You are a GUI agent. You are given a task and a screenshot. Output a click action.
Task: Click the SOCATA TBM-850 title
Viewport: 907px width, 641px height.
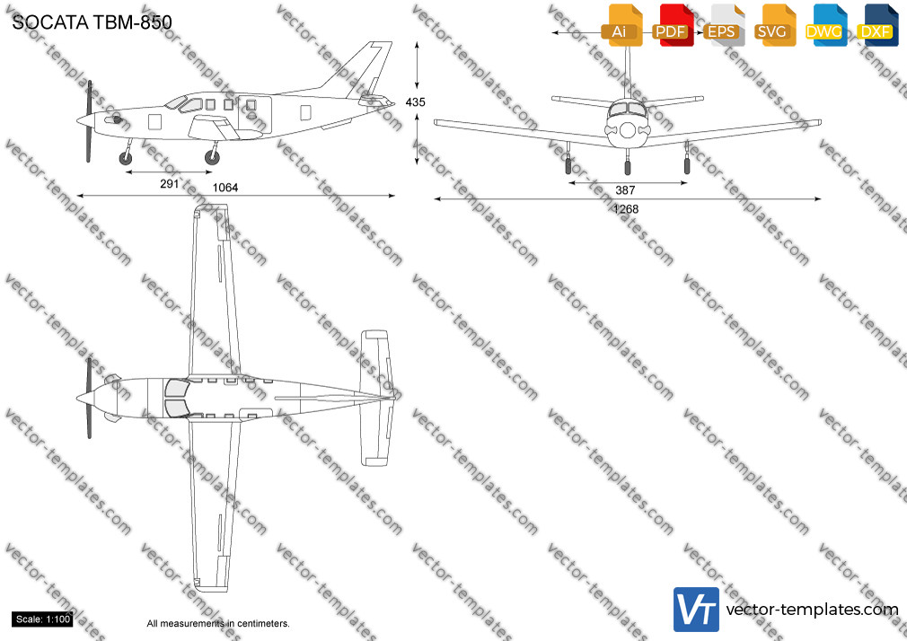coord(92,22)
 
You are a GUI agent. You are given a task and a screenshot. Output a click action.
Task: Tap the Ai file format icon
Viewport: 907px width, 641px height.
coord(621,25)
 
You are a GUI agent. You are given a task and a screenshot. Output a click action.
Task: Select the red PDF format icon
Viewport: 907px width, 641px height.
coord(673,25)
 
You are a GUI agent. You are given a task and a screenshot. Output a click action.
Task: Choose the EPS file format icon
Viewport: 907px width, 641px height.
coord(724,25)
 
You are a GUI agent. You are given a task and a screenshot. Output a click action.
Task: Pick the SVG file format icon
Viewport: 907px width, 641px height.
coord(774,25)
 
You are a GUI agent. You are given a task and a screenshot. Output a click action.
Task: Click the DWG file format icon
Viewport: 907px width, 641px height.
coord(826,25)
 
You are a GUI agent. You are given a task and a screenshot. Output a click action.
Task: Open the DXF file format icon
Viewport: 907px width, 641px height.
coord(877,25)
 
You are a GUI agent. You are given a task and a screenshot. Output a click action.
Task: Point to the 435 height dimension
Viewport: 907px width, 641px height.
coord(415,101)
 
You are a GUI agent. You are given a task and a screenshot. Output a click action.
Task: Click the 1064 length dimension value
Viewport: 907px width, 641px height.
coord(225,188)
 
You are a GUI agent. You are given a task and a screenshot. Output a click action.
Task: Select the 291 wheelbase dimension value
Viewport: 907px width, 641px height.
coord(169,184)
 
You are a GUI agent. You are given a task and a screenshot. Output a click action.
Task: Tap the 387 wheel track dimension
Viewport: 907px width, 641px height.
coord(625,189)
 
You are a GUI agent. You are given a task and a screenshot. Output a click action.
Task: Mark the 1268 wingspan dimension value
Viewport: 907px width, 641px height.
coord(626,209)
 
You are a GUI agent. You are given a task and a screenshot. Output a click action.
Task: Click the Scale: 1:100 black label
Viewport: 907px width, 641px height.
coord(43,619)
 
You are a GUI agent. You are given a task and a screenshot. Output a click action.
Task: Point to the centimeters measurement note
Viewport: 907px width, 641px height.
coord(218,624)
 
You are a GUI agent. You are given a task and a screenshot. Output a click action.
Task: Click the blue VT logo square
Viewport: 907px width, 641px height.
coord(697,610)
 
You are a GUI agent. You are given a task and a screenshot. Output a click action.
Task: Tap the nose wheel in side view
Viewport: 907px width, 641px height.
coord(125,158)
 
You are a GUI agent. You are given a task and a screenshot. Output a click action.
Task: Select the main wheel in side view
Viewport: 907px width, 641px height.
coord(212,157)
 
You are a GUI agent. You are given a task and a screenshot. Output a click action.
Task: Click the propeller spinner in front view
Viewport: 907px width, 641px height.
coord(628,130)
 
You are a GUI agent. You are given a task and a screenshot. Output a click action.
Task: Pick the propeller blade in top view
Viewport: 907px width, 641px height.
coord(89,398)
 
